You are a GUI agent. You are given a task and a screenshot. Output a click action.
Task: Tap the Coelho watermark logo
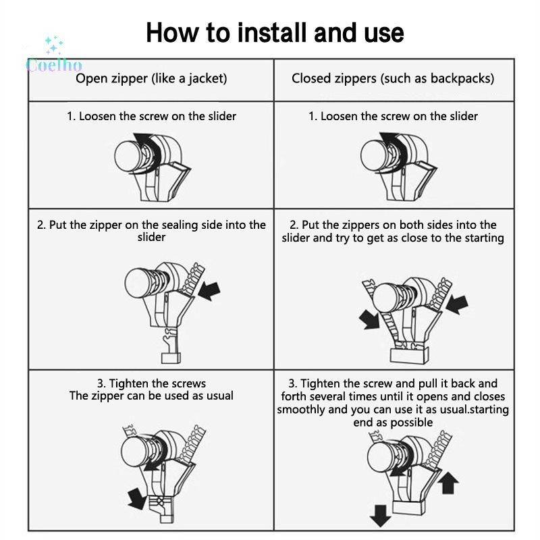tap(54, 55)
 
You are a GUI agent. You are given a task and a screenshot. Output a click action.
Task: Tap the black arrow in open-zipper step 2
tap(209, 291)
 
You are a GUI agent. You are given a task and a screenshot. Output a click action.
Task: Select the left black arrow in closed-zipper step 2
tap(369, 319)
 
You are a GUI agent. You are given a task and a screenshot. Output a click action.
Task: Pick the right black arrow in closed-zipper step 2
tap(457, 304)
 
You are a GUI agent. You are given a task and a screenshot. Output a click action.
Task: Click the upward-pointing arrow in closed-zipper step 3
tap(448, 483)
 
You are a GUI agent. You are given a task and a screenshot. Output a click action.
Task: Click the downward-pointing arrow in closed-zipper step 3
tap(380, 516)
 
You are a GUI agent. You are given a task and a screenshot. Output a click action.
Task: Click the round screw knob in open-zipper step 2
tap(139, 283)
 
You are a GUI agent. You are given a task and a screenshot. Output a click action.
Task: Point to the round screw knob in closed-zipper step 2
tap(387, 298)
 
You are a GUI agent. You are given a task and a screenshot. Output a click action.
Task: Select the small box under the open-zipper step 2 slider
tap(171, 358)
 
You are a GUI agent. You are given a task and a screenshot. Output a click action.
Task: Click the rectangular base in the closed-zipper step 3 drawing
tap(409, 507)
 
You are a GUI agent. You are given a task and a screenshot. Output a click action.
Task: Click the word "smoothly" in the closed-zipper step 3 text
tap(300, 410)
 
